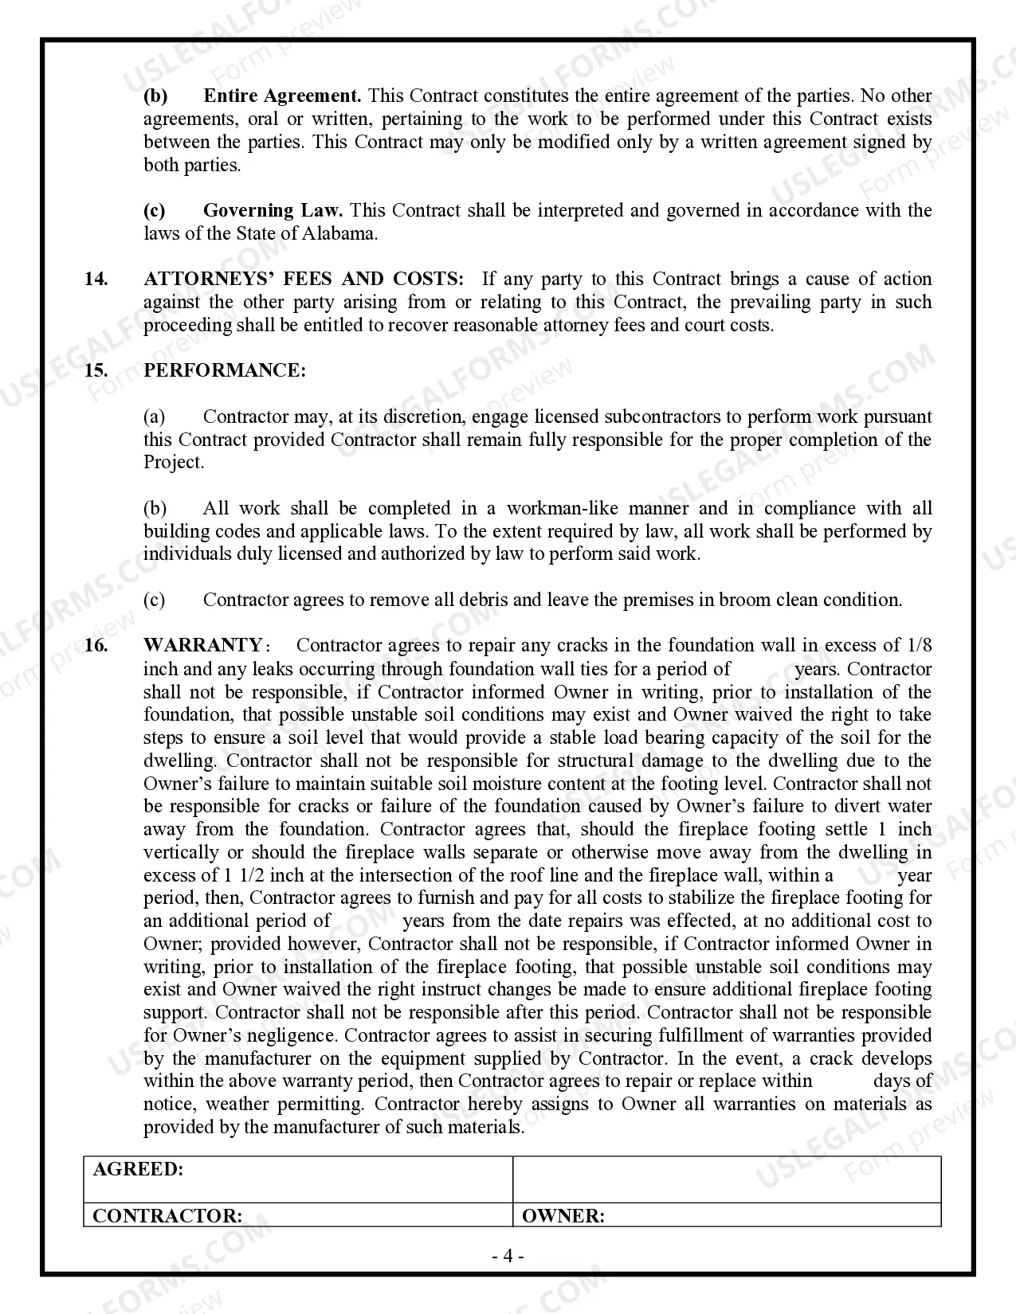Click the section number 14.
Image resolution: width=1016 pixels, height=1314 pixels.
[x=96, y=280]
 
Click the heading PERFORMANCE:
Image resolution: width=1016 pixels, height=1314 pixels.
[x=224, y=371]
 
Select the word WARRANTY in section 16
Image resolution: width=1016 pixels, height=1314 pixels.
[x=202, y=645]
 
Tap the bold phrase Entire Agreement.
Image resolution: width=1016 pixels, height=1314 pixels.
[x=282, y=96]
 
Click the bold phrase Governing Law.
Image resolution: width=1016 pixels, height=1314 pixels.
[x=273, y=211]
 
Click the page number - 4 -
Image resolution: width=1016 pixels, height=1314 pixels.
[x=508, y=1257]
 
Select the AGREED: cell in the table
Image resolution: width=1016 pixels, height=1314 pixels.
[x=138, y=1170]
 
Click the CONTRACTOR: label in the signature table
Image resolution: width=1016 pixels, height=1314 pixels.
[x=167, y=1216]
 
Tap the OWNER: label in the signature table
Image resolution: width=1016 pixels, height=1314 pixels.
[x=563, y=1216]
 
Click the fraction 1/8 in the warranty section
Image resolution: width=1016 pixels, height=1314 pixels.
[x=919, y=645]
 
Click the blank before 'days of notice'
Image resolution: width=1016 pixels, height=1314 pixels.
[x=842, y=1081]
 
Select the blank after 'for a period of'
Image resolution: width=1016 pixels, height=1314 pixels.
[x=762, y=669]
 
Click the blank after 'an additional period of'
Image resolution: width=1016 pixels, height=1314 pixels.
[x=367, y=921]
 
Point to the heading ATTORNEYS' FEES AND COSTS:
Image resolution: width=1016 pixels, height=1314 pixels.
[x=304, y=280]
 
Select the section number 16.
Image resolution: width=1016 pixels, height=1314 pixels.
[x=96, y=645]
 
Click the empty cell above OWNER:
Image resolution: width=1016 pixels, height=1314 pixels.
[x=727, y=1179]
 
